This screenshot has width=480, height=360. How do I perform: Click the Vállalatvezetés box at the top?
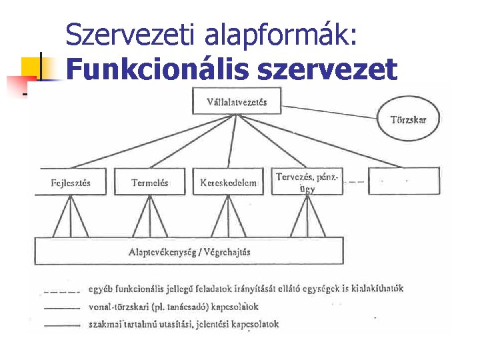point(238,102)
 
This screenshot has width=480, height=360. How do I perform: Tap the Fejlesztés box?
point(71,182)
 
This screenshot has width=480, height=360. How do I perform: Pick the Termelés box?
point(150,182)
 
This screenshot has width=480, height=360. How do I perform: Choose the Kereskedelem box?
point(228,182)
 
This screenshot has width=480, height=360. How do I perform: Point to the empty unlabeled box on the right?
point(404,181)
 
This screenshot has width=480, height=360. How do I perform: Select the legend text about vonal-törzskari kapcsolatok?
point(173,307)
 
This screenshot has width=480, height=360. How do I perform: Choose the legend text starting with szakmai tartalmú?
point(183,325)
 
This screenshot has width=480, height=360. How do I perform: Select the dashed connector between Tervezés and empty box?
point(355,181)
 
